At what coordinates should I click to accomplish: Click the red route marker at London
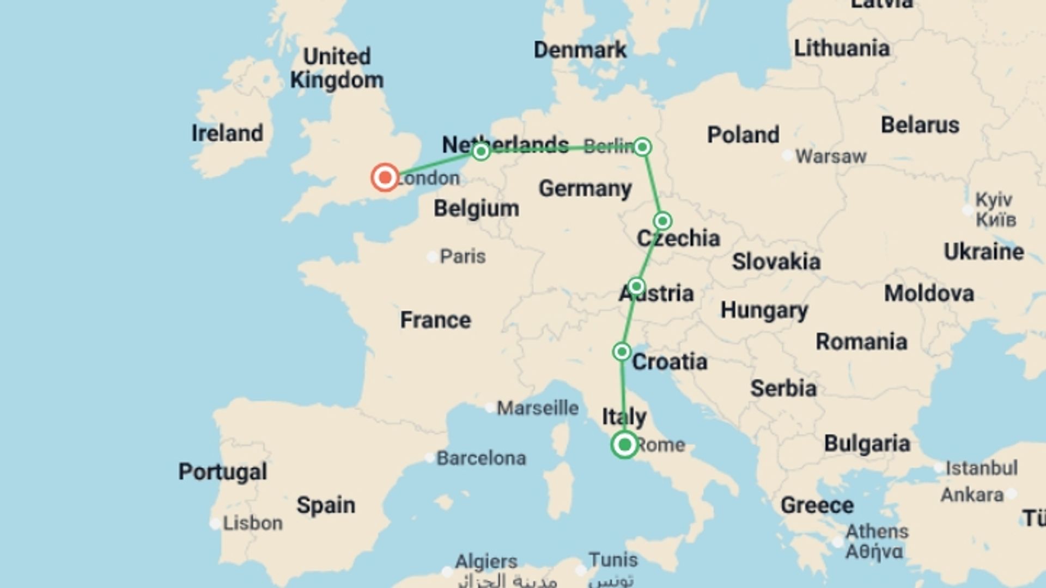(x=385, y=177)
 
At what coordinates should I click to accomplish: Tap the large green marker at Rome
(x=625, y=445)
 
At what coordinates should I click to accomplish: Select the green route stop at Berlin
(x=642, y=147)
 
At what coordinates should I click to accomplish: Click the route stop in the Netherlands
(x=481, y=151)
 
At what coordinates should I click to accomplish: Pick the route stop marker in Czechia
(x=662, y=221)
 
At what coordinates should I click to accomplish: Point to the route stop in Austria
(x=636, y=286)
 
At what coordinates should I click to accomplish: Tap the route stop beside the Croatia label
(x=622, y=352)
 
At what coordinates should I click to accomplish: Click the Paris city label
(x=462, y=256)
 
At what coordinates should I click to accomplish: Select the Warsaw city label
(x=830, y=156)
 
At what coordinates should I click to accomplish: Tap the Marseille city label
(x=537, y=407)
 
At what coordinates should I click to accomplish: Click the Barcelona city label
(x=481, y=458)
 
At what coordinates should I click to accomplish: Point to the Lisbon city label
(x=252, y=523)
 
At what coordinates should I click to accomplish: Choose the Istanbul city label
(x=981, y=468)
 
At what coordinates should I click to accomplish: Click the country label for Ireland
(x=227, y=133)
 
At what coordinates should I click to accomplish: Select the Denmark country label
(x=580, y=50)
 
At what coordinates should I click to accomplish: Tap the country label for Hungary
(x=764, y=310)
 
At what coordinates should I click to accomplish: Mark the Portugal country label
(x=223, y=471)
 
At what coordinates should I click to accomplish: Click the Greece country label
(x=817, y=505)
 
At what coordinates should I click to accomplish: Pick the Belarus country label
(x=920, y=125)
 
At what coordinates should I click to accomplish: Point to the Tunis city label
(x=613, y=559)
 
